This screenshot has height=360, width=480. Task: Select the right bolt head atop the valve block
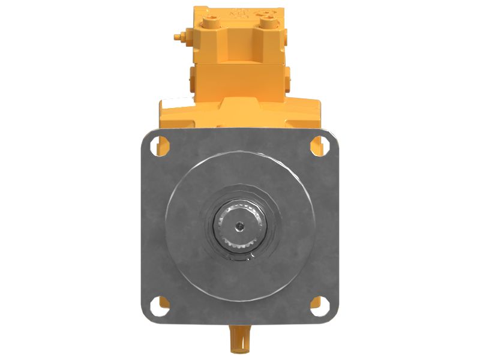click(x=266, y=23)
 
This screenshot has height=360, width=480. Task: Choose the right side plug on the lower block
click(x=288, y=78)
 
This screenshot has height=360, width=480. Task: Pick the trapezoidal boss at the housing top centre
click(x=239, y=108)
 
